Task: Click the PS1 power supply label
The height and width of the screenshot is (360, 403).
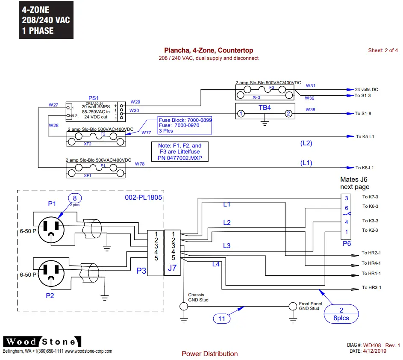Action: point(93,98)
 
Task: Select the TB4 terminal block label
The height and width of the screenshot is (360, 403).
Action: point(265,108)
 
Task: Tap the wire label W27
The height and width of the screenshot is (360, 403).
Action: point(53,105)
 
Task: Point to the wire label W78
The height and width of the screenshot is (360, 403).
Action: point(140,164)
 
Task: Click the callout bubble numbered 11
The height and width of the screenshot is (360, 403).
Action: point(221,318)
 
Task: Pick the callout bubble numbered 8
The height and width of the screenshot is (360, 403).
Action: point(75,199)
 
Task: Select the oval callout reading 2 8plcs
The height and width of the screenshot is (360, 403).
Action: point(341,314)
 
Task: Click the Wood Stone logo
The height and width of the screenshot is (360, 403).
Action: point(42,342)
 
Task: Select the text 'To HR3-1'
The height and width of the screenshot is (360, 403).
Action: point(371,288)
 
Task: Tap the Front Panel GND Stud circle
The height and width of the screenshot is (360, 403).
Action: point(292,306)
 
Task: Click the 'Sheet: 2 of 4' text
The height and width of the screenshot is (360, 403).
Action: point(383,50)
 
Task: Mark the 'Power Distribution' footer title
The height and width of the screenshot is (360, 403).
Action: point(209,354)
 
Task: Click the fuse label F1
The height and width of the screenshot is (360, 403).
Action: point(103,165)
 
